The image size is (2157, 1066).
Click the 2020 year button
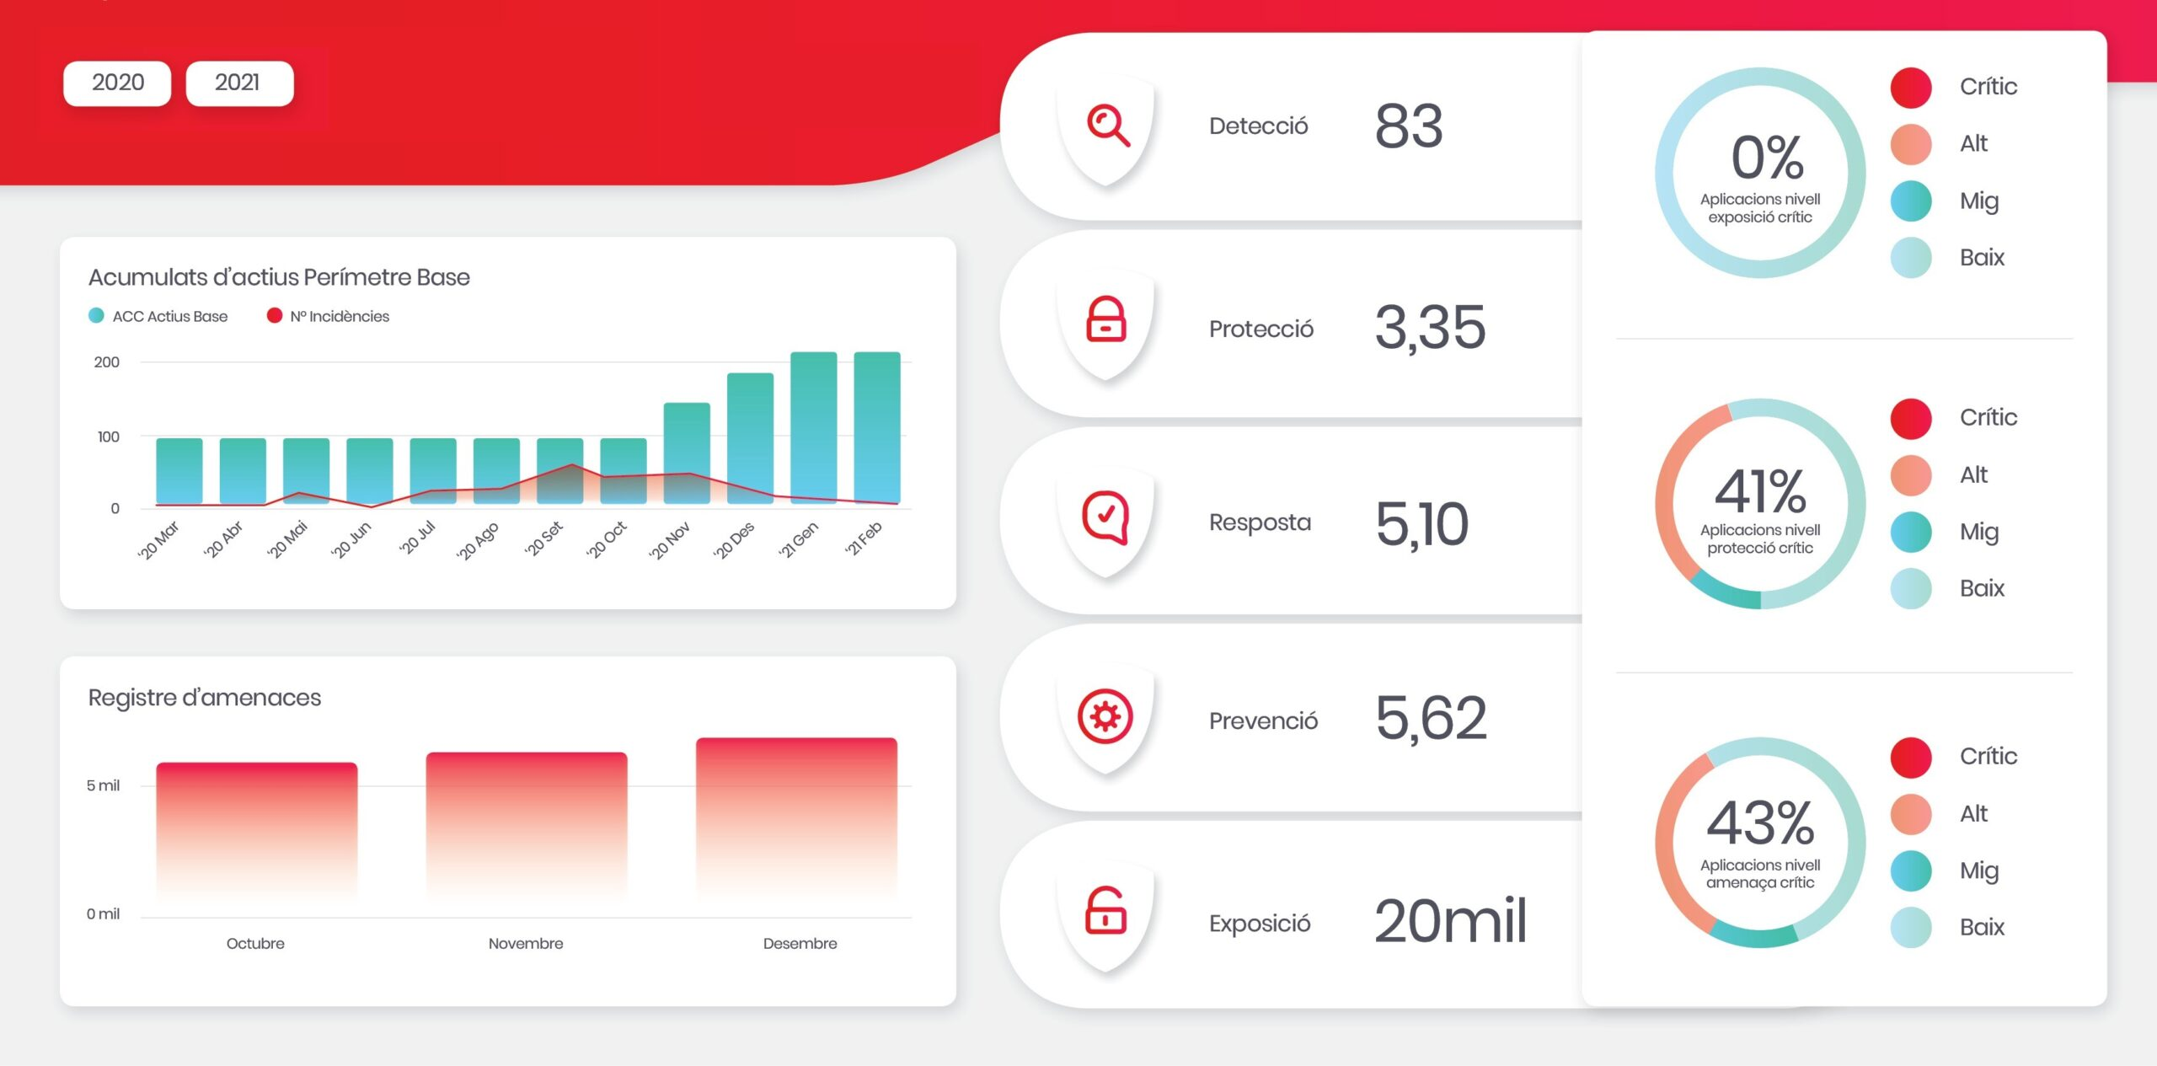(117, 83)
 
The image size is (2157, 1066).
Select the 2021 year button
(239, 83)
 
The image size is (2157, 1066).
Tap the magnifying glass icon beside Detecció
(1107, 126)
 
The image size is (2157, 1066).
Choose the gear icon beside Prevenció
(1105, 716)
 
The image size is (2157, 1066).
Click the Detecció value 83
(1409, 126)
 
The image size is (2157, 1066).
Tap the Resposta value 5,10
(1421, 524)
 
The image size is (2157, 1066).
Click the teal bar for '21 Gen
(813, 427)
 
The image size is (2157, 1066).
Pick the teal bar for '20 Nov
(687, 453)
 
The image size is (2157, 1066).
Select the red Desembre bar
(796, 818)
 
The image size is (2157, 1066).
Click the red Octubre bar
(257, 831)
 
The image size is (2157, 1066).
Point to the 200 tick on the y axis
(107, 362)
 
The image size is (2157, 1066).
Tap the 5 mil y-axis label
(103, 785)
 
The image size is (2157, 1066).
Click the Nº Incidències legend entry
(328, 316)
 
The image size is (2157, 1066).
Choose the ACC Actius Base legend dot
(96, 315)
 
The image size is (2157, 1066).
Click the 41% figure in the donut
(1760, 490)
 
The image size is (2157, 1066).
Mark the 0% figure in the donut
(1767, 158)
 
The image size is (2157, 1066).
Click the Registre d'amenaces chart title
(205, 698)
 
